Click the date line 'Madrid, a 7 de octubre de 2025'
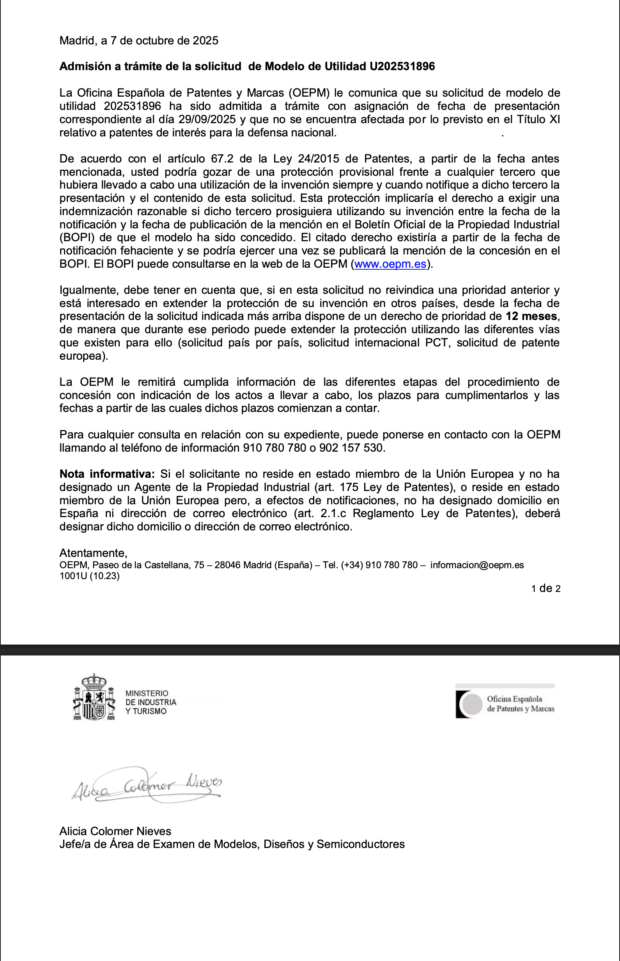pyautogui.click(x=138, y=41)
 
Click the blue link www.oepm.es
pyautogui.click(x=390, y=264)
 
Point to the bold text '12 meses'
pyautogui.click(x=531, y=316)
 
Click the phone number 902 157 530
pyautogui.click(x=351, y=448)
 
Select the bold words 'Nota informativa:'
pyautogui.click(x=107, y=474)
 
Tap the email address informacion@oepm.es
pyautogui.click(x=477, y=565)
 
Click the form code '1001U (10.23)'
pyautogui.click(x=89, y=576)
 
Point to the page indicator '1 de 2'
pyautogui.click(x=546, y=588)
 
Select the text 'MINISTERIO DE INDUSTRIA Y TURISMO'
pyautogui.click(x=151, y=702)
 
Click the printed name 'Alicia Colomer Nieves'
pyautogui.click(x=115, y=831)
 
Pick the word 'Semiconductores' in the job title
pyautogui.click(x=360, y=844)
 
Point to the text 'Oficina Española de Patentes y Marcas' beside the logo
pyautogui.click(x=520, y=704)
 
